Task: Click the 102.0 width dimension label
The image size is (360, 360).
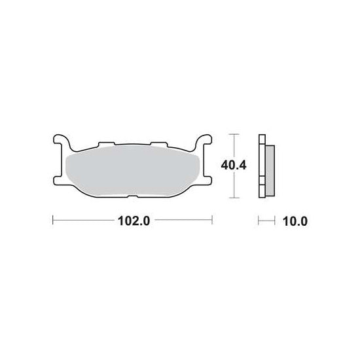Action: pyautogui.click(x=134, y=221)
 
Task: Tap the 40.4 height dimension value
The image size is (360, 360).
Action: pyautogui.click(x=234, y=166)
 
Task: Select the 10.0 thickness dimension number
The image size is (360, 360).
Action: pyautogui.click(x=295, y=221)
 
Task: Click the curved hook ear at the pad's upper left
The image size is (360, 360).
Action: pyautogui.click(x=62, y=141)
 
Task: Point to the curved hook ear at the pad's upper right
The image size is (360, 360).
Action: pyautogui.click(x=202, y=141)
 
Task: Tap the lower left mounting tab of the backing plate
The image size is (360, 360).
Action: pyautogui.click(x=58, y=180)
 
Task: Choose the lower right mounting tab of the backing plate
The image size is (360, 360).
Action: pyautogui.click(x=207, y=180)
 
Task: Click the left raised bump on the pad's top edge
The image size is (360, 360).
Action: pyautogui.click(x=107, y=144)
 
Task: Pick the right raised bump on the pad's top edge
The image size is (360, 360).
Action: pyautogui.click(x=159, y=144)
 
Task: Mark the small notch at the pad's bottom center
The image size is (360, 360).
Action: pyautogui.click(x=132, y=196)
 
